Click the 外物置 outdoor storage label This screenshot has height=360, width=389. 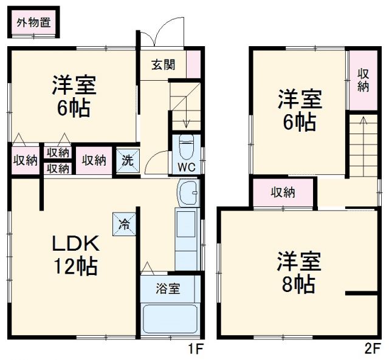(33, 23)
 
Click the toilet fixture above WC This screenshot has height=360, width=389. (187, 146)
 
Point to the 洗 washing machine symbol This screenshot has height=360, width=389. (127, 161)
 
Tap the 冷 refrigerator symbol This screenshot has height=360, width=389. (120, 223)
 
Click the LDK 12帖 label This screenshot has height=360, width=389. (74, 254)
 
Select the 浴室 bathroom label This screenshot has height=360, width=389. (169, 289)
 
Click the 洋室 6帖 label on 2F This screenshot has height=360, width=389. (298, 110)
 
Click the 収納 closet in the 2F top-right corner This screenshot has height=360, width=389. (363, 80)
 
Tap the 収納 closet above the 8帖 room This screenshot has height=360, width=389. (283, 192)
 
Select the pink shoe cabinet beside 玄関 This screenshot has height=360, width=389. (193, 64)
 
